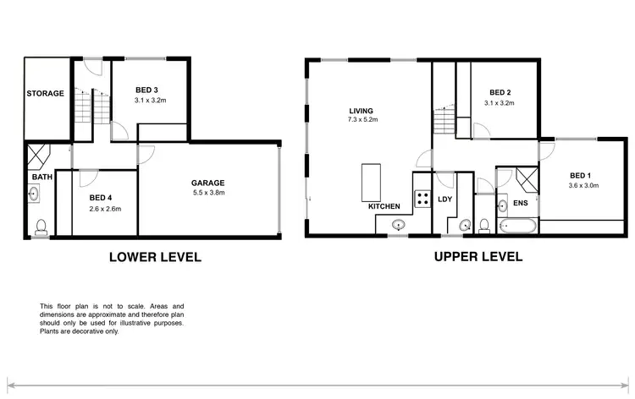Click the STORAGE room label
(x=45, y=93)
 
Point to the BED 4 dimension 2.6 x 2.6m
(x=106, y=208)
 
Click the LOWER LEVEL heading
(x=155, y=257)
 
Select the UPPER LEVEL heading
(x=478, y=257)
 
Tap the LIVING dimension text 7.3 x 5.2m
(x=362, y=120)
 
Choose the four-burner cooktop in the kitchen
(x=421, y=199)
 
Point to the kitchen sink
(x=399, y=224)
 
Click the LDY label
(x=445, y=199)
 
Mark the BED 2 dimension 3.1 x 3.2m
(x=500, y=102)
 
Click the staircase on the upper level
(x=444, y=123)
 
